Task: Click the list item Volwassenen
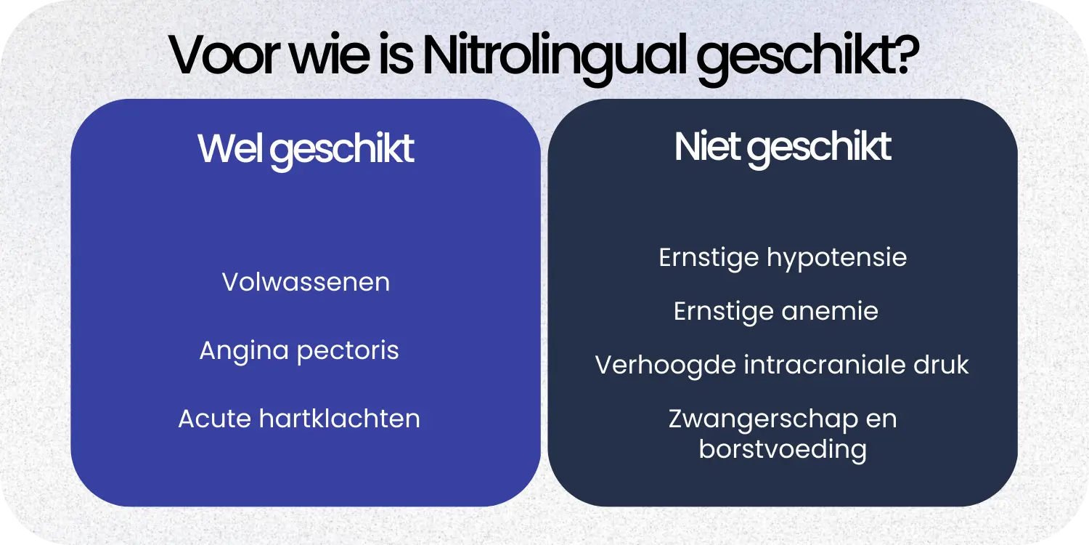306,282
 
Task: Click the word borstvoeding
783,449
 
